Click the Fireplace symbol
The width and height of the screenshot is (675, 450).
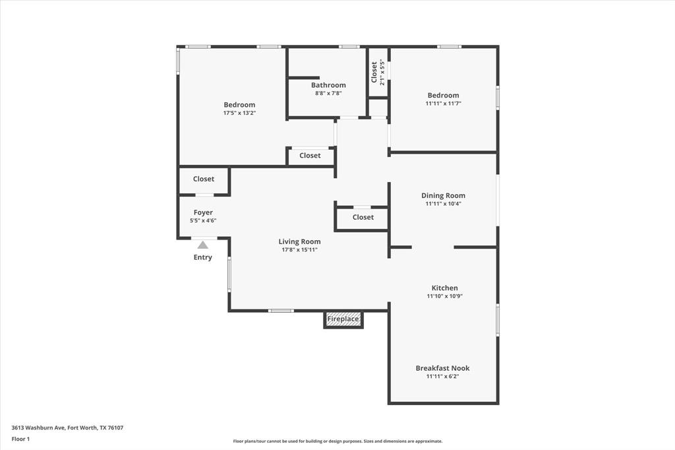pos(343,319)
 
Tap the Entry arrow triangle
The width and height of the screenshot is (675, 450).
pos(203,245)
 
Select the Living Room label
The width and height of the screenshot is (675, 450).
pos(299,241)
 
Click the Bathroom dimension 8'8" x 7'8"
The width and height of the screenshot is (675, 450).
pos(328,94)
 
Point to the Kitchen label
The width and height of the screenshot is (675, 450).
pos(444,288)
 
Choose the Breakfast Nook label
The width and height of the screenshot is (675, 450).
pos(442,368)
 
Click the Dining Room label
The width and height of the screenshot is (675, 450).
pos(443,195)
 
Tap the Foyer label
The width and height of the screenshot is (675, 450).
pos(203,212)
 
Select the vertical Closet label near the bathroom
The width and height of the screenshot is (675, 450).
pos(374,72)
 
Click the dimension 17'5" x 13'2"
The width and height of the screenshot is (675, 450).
pos(239,113)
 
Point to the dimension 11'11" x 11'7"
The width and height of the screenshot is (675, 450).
pos(443,104)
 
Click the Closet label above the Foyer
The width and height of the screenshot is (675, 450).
pos(203,179)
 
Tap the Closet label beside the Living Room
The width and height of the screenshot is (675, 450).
pos(363,217)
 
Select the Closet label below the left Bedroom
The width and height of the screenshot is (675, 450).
pos(310,156)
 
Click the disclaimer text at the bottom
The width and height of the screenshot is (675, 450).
pos(337,441)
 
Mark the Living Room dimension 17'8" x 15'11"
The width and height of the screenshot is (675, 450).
pos(299,249)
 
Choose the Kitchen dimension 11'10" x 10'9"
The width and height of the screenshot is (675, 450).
pos(444,296)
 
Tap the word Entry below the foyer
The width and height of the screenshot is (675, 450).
pos(203,257)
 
